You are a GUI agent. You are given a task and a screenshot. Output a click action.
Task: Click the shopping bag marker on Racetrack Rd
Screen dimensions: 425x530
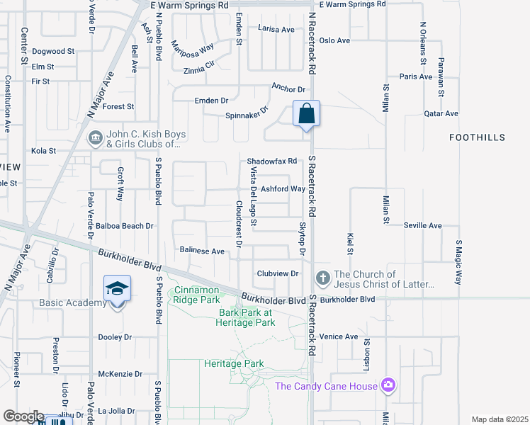[306, 114]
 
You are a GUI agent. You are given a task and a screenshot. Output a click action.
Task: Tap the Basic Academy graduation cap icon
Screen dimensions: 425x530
[117, 289]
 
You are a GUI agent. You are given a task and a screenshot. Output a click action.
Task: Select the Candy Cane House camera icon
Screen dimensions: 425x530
[388, 385]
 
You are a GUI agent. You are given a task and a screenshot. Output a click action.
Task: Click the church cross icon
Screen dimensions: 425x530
[322, 278]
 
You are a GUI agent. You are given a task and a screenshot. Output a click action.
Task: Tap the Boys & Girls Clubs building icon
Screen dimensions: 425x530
[96, 139]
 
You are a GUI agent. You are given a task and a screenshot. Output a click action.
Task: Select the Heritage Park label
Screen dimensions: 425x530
[234, 364]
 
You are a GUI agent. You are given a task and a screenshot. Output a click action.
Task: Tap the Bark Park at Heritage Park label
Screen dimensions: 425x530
[246, 317]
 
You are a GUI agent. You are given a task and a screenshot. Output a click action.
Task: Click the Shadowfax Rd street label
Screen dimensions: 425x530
[271, 161]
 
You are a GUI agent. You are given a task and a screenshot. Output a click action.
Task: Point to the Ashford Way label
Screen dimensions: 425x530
[283, 189]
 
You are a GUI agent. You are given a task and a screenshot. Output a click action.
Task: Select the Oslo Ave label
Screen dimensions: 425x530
[334, 40]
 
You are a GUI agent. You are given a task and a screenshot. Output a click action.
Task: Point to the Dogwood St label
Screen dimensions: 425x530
[53, 52]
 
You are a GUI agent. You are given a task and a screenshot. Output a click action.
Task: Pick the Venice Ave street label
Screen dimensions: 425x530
[339, 336]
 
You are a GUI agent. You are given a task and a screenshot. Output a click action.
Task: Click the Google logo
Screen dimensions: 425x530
[23, 417]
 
